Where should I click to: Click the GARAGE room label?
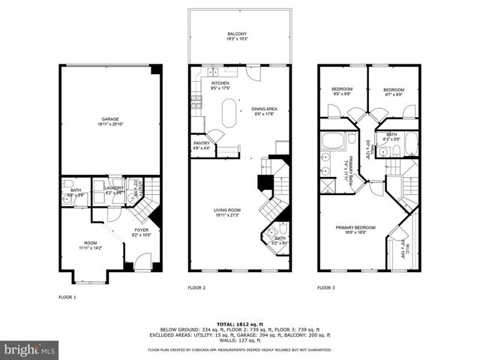pos(110,122)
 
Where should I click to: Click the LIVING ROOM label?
pos(226,213)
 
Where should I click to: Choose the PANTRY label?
pos(201,145)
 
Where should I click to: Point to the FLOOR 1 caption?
pos(67,297)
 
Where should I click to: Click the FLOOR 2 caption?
pos(196,287)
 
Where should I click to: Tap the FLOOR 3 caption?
pos(325,287)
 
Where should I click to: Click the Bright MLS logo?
pos(30,349)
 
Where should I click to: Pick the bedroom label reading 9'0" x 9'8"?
pos(342,91)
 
